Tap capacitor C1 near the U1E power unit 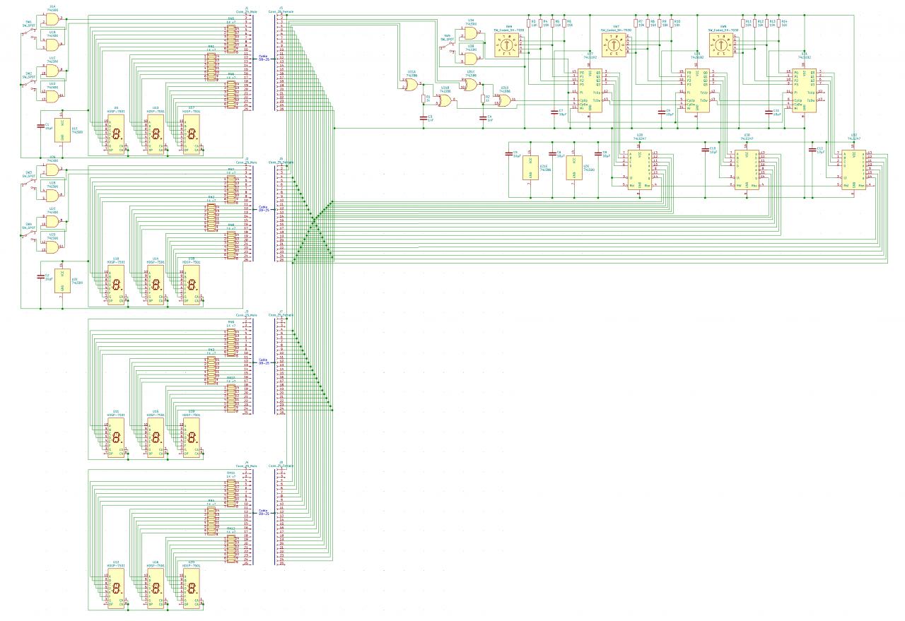click(41, 127)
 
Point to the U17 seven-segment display click(191, 134)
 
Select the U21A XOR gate click(410, 85)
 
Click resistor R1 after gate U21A click(424, 99)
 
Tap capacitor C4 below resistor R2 click(484, 117)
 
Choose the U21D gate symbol click(506, 101)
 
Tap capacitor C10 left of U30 click(705, 150)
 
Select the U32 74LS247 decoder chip click(853, 170)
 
